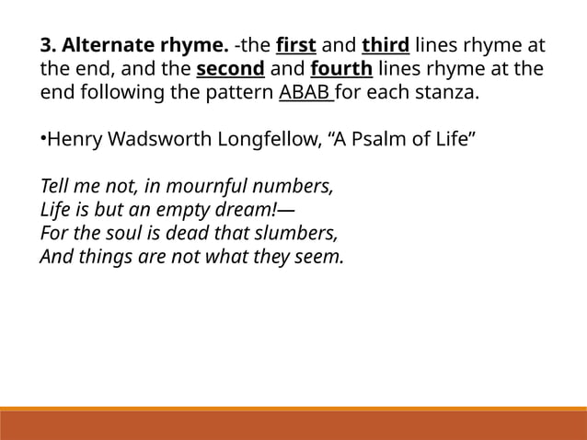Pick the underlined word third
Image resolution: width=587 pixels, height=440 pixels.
click(386, 46)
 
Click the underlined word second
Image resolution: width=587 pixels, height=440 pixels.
click(230, 70)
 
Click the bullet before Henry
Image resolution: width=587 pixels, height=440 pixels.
click(42, 141)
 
